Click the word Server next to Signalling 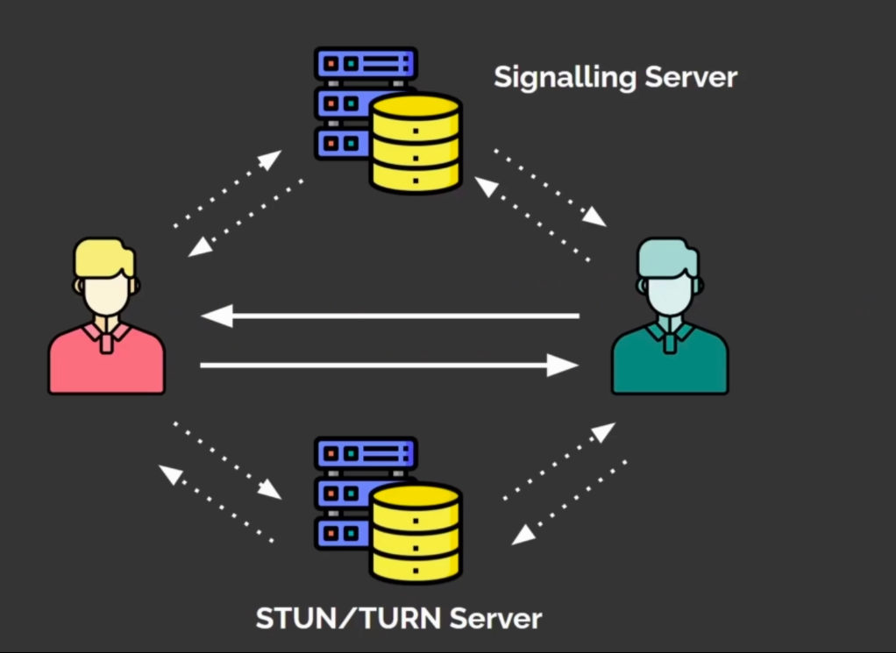pos(692,76)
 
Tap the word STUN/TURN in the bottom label pos(349,618)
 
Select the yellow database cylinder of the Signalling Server pos(416,143)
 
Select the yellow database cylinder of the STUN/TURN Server pos(416,532)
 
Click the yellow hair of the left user pos(104,257)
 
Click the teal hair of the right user pos(667,257)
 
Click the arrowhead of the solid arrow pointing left pos(217,316)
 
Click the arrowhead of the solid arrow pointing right pos(563,365)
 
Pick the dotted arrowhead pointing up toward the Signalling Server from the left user pos(270,160)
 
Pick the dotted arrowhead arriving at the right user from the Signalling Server pos(594,216)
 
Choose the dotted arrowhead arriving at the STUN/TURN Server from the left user pos(270,490)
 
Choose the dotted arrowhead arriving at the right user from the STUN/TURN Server pos(603,432)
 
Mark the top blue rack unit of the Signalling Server pos(366,63)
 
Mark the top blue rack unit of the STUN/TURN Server pos(366,454)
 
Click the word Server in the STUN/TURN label pos(496,619)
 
